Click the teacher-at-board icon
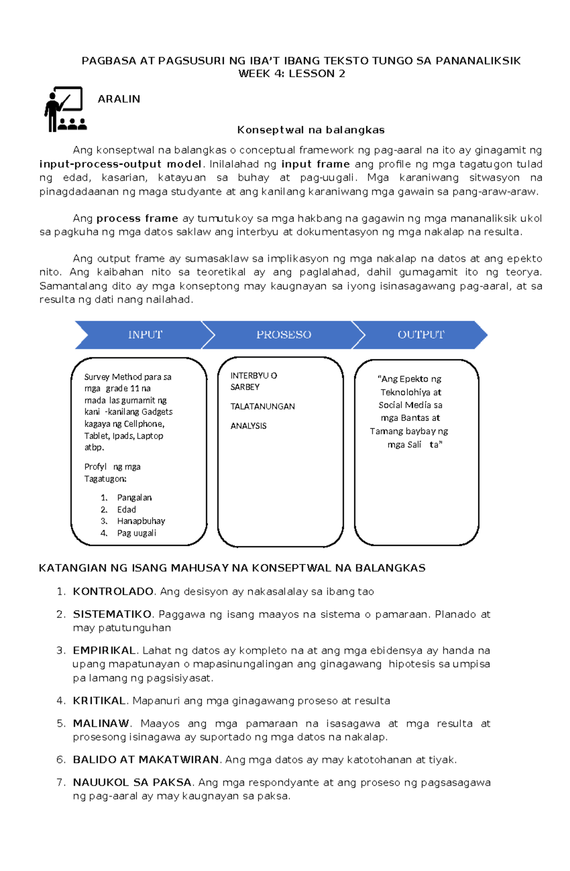[65, 109]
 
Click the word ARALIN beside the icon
[119, 99]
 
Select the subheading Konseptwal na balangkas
[311, 130]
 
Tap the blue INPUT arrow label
[145, 335]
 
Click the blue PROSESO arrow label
[284, 335]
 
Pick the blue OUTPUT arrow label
[421, 335]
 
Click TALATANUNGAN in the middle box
[262, 406]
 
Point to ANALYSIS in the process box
[248, 426]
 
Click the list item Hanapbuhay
[141, 521]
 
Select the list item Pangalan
[134, 497]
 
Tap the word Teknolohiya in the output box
[405, 392]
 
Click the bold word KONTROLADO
[113, 591]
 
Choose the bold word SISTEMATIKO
[112, 614]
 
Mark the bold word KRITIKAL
[99, 701]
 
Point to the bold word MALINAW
[101, 723]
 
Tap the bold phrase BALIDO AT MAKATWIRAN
[146, 759]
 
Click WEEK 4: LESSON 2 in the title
[292, 74]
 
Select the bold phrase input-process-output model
[121, 164]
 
